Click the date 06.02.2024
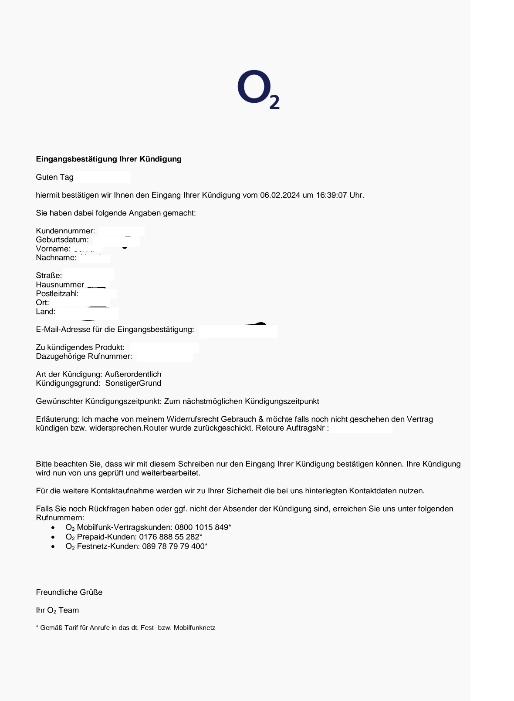pos(280,195)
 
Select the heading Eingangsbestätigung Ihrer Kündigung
pos(108,159)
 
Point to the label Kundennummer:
pos(65,231)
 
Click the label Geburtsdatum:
pos(62,240)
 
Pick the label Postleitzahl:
pos(57,293)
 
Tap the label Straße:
pos(49,276)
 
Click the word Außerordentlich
pos(133,374)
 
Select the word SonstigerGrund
pos(133,383)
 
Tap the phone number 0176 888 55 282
pos(169,537)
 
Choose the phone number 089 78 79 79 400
pos(173,546)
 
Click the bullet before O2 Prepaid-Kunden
pos(53,537)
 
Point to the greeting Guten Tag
pos(54,177)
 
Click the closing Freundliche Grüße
pos(69,592)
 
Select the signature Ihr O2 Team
pos(57,610)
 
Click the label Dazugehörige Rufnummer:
pos(84,356)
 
